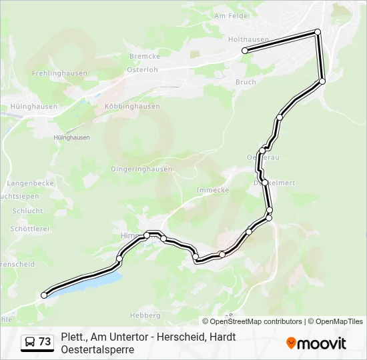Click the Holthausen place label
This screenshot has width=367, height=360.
[248, 39]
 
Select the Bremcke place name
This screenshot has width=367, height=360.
[143, 57]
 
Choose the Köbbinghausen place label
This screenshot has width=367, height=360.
[132, 106]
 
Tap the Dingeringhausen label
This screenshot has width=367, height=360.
[141, 169]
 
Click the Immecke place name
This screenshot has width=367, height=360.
[213, 190]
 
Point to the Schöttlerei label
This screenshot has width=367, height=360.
[30, 228]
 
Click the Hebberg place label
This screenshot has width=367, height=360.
[145, 315]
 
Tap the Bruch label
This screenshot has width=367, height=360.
[246, 82]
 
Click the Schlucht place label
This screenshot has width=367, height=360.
[27, 211]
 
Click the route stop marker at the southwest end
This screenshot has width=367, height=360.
[45, 295]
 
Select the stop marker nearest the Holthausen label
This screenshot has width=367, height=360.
[245, 51]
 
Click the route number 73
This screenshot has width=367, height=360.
[45, 342]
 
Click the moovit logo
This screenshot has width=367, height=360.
[316, 343]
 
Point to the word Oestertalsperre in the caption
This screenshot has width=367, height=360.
[97, 349]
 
